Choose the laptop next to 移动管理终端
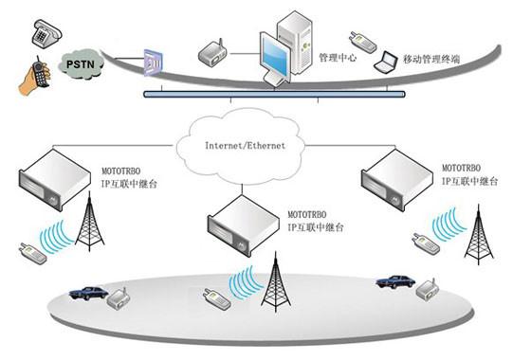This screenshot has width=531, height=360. coord(385,64)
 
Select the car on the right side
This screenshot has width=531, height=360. coord(394,281)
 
